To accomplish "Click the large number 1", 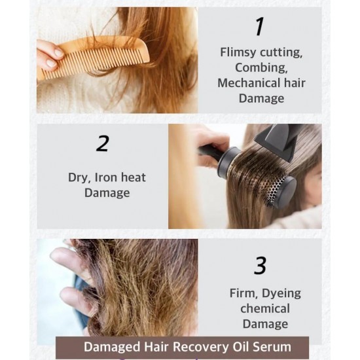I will [x=259, y=26].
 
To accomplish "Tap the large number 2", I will [x=102, y=143].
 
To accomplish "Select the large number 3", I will [x=260, y=266].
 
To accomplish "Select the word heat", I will [x=134, y=177].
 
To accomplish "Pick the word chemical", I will [x=261, y=308].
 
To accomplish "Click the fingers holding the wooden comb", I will [x=49, y=55].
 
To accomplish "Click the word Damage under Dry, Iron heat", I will [x=107, y=193].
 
